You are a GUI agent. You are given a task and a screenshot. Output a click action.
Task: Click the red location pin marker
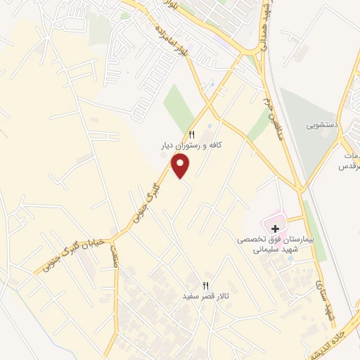[181, 165]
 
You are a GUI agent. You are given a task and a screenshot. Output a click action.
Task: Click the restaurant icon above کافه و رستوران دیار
[191, 134]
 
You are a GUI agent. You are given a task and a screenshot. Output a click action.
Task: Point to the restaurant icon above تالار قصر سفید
[206, 285]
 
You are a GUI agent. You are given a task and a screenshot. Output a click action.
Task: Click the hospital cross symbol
[275, 229]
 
